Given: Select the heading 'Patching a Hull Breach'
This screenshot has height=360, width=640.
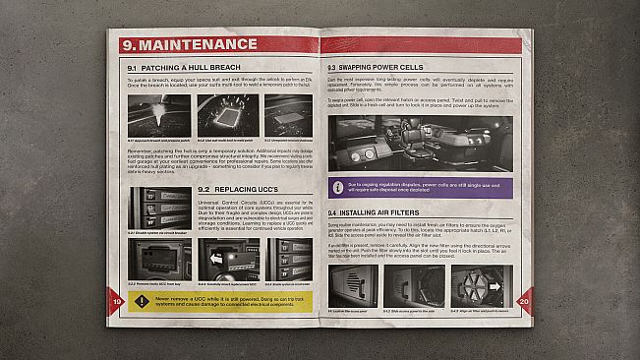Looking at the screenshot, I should coord(191,66).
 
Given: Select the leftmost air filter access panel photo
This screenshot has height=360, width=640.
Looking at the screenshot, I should coord(354,286).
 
